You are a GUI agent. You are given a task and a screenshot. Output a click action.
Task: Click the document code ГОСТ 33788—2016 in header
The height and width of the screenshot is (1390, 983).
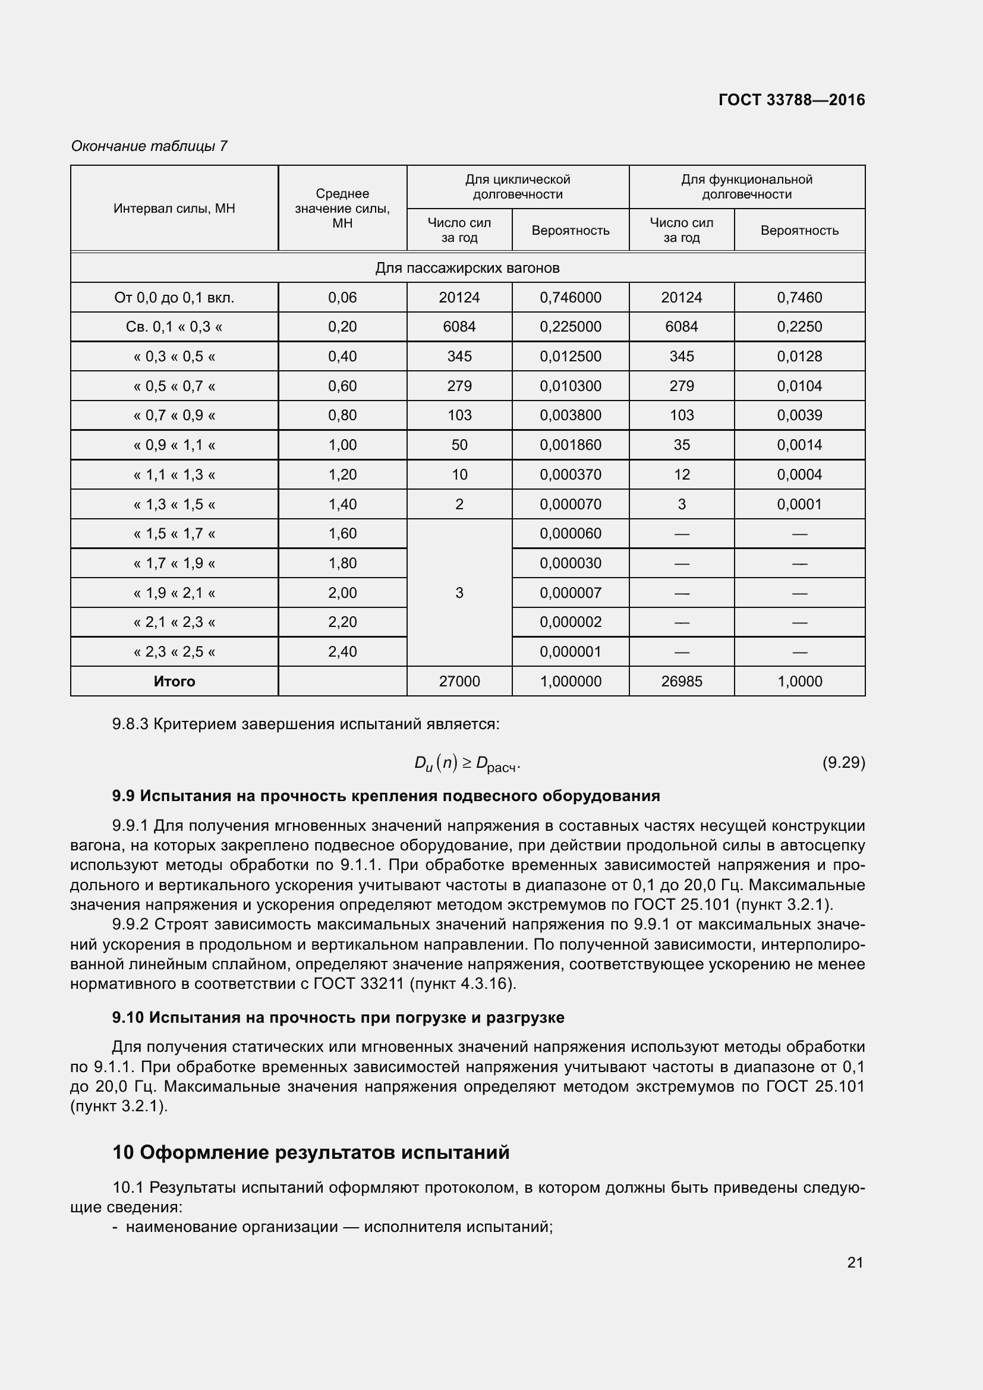click(791, 100)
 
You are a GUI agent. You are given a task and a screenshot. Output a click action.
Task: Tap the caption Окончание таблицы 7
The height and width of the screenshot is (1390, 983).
click(149, 146)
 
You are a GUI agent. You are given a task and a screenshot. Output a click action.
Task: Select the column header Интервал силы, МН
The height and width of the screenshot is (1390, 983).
click(174, 209)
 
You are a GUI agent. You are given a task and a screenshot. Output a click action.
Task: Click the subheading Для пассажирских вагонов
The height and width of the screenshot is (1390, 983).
click(467, 267)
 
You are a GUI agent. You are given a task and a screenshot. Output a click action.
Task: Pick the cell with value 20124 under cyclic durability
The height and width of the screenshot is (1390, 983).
click(459, 297)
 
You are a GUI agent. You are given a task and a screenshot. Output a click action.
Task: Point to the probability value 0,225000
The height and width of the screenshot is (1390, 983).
click(570, 327)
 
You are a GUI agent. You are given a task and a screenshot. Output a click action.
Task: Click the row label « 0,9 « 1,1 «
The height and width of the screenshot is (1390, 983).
click(174, 445)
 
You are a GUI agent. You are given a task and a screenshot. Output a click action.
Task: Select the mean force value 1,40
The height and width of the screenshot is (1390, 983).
click(342, 505)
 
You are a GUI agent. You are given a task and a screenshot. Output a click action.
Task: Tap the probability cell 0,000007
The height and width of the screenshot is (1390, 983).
click(570, 592)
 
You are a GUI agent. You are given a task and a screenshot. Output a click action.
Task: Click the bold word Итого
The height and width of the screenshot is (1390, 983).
click(174, 682)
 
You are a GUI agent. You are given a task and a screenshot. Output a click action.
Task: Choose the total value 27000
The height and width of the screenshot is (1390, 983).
click(459, 682)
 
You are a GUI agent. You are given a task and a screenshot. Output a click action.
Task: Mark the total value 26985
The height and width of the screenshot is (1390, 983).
click(682, 682)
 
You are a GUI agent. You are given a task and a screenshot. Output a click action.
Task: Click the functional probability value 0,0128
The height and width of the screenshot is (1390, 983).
click(799, 357)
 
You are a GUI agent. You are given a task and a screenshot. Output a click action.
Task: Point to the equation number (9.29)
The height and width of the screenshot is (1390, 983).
click(843, 762)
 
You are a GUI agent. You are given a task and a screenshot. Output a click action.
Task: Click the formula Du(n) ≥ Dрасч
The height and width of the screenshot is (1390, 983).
click(467, 764)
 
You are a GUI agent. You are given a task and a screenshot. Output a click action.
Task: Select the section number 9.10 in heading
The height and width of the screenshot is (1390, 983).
click(128, 1017)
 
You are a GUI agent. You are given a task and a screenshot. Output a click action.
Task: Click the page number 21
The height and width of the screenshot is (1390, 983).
click(855, 1262)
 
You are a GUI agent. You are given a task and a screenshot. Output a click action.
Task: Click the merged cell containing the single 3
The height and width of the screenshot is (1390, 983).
click(459, 592)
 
